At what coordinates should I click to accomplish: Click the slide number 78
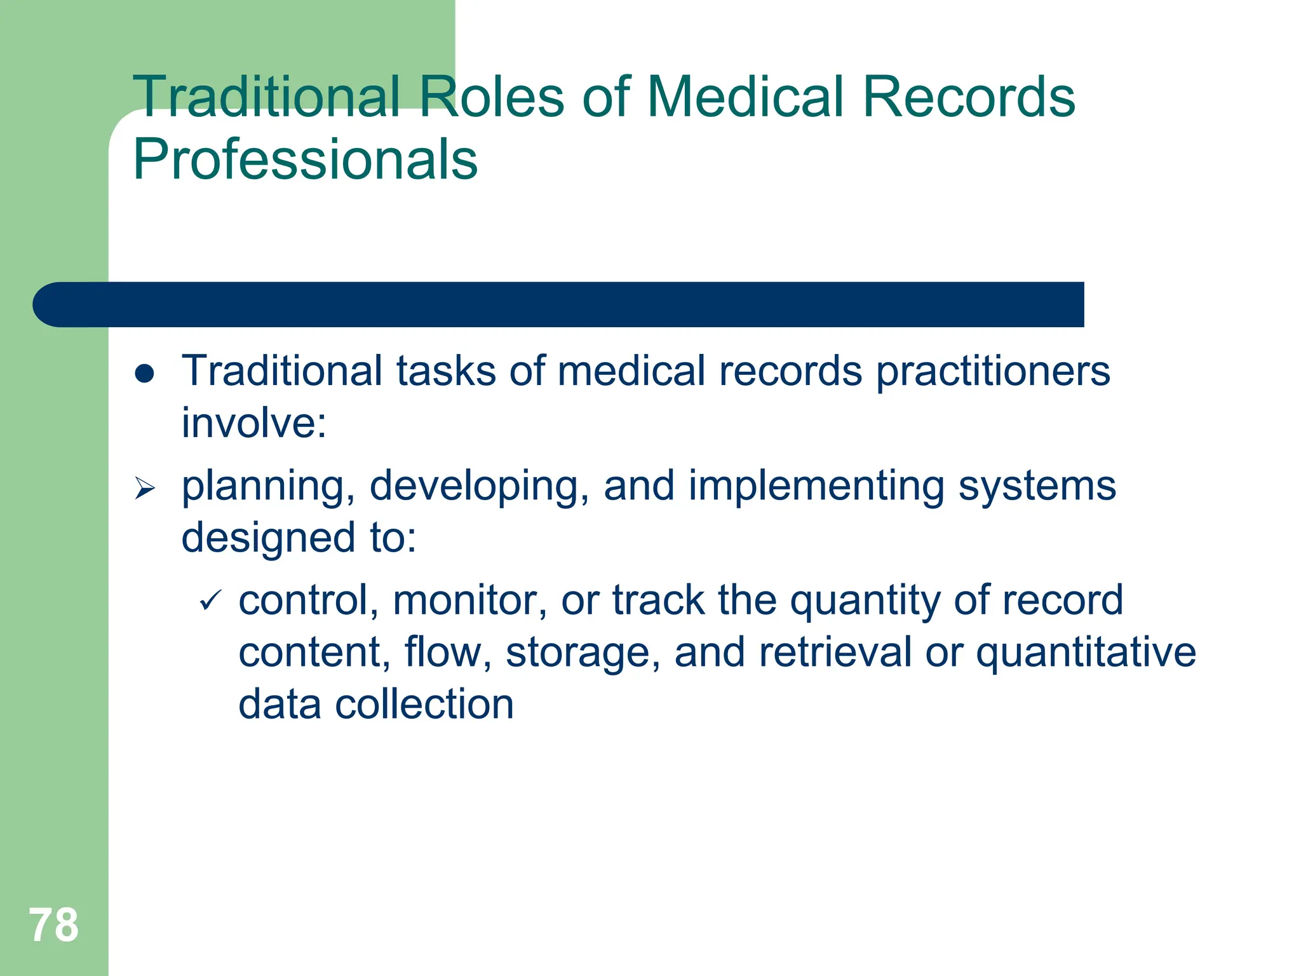53,925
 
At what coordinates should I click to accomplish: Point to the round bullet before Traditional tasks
145,374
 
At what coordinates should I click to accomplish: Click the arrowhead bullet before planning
145,489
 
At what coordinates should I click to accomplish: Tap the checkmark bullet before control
210,600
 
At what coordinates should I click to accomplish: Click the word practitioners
993,372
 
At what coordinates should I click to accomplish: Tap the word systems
1037,486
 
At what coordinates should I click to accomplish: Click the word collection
424,705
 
